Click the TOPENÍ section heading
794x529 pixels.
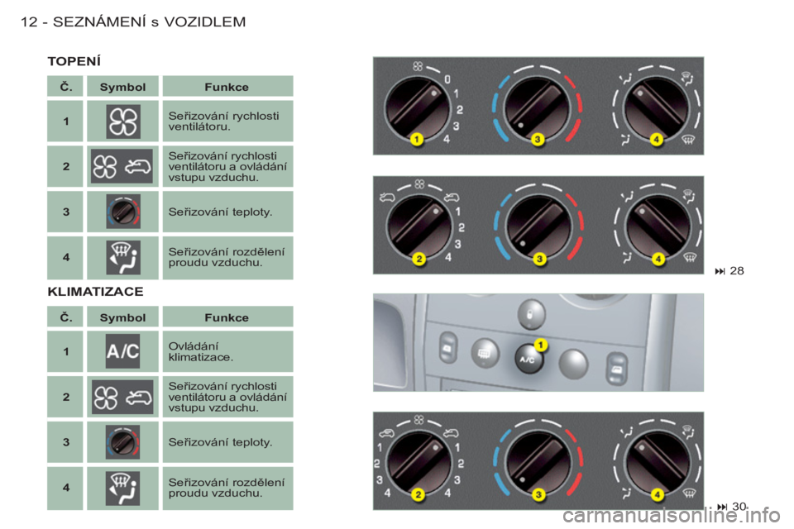point(74,61)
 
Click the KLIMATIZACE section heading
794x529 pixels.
point(95,292)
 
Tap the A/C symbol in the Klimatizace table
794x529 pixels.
point(122,351)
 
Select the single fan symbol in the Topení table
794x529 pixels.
point(123,122)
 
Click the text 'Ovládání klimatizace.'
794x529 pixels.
point(200,352)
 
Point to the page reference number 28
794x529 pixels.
point(737,271)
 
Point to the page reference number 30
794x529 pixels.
point(739,506)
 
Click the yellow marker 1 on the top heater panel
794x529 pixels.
point(416,139)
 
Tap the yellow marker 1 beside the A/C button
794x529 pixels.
point(540,346)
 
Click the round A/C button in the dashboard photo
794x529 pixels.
point(529,359)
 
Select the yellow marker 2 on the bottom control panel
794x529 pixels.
point(418,494)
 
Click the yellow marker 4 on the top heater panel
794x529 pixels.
point(656,139)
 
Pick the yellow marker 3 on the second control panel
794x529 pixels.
point(539,259)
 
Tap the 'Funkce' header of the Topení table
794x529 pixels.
point(227,87)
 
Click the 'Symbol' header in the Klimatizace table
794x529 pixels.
point(122,318)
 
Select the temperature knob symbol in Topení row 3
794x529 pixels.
point(123,212)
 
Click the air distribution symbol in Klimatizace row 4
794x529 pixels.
point(122,488)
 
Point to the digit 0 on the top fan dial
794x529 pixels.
point(447,79)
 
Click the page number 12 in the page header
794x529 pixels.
point(29,21)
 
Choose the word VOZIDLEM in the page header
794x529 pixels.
point(204,21)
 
